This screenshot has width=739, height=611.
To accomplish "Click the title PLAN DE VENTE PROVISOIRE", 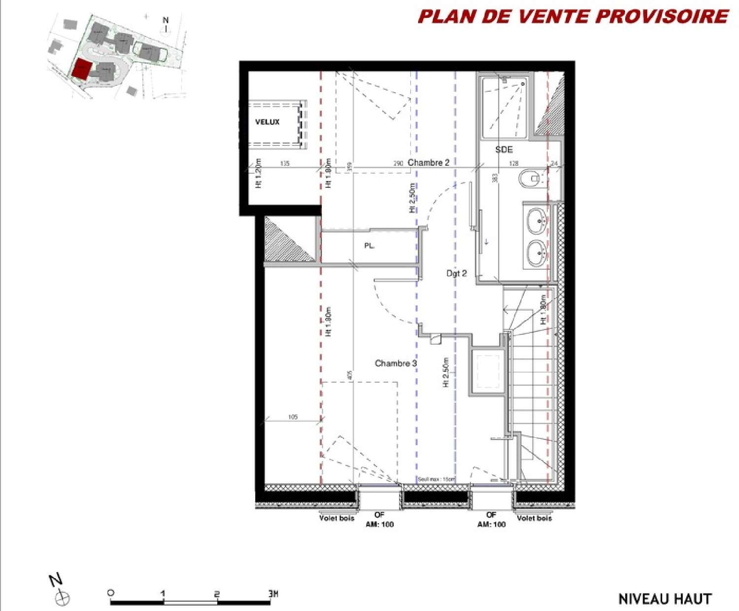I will [573, 16].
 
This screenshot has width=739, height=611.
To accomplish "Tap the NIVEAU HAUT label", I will [665, 599].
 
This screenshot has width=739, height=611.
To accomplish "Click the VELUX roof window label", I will [267, 122].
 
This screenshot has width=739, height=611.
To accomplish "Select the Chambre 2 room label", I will [428, 162].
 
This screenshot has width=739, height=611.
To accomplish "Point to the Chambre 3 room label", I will [396, 363].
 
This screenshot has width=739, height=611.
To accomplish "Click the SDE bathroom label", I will [504, 149].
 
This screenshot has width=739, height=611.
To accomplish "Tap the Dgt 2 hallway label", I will [456, 273].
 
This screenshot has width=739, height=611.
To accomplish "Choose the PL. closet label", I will [369, 245].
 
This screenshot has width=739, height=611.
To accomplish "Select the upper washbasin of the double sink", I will [536, 221].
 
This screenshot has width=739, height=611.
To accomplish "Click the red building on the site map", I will [81, 70].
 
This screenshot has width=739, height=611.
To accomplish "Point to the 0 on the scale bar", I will [111, 593].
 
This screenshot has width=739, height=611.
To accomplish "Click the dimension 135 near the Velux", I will [285, 163].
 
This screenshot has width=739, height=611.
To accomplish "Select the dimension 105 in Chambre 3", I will [293, 417].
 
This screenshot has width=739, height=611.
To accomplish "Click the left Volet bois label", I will [336, 518].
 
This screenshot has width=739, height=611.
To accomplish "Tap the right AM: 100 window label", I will [491, 524].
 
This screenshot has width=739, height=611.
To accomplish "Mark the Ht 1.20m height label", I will [259, 173].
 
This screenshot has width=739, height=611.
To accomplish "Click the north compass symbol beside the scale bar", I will [61, 598].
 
